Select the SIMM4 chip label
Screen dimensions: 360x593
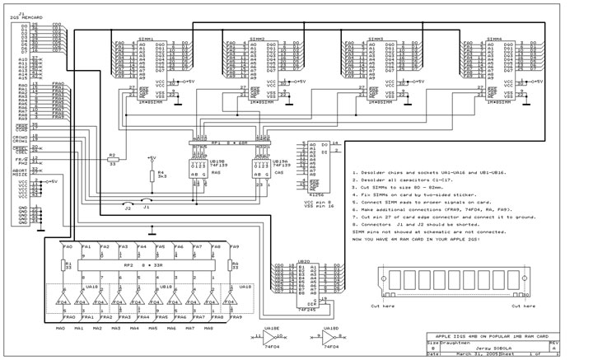click(494, 38)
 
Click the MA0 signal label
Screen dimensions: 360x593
click(60, 329)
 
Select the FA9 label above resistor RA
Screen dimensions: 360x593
click(234, 246)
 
